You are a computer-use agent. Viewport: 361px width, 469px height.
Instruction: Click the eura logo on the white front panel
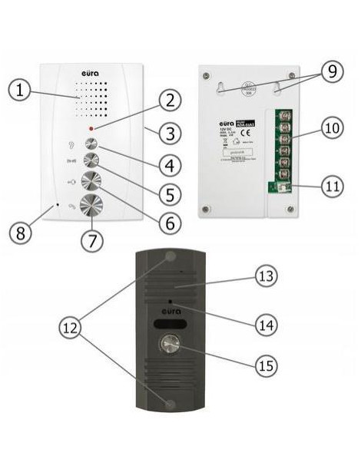click(x=91, y=74)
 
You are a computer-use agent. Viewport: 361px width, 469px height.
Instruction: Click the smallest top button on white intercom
click(x=91, y=144)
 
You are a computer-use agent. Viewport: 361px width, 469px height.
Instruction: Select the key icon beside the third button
click(x=70, y=183)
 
